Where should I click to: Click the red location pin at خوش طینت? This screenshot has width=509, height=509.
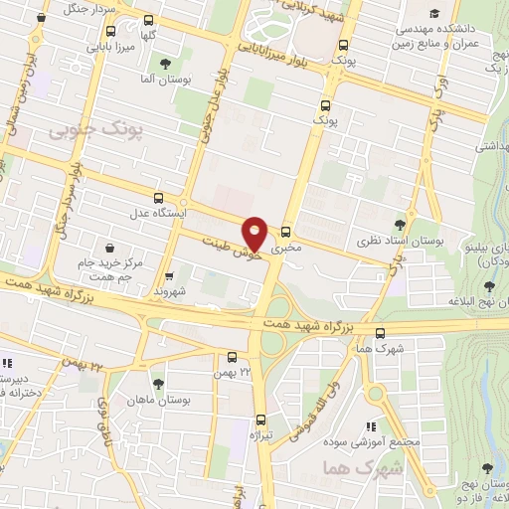[255, 233]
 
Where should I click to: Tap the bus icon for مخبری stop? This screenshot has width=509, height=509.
[286, 230]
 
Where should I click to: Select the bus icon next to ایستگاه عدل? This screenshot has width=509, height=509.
[159, 198]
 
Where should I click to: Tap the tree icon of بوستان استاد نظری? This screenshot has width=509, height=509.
[401, 225]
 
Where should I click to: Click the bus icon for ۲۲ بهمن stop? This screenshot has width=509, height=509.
[232, 357]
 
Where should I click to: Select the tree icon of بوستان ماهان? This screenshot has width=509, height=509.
[158, 383]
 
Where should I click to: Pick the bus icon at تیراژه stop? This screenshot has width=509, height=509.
[259, 420]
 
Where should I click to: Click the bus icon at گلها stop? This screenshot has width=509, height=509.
[148, 20]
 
